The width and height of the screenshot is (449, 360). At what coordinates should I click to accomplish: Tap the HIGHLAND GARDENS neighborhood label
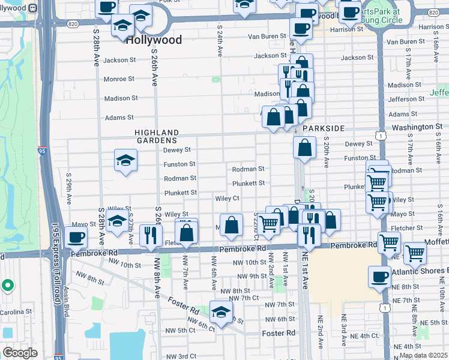click(157, 136)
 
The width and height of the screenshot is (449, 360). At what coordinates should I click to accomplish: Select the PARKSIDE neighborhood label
click(324, 128)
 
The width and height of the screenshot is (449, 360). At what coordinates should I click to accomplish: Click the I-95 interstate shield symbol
click(43, 150)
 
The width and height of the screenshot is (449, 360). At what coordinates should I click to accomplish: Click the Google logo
click(20, 353)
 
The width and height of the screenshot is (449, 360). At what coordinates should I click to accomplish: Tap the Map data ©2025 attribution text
click(423, 355)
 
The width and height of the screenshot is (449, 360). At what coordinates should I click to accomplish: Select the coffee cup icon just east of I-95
click(76, 238)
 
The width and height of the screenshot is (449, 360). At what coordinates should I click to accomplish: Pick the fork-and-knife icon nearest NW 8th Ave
click(150, 235)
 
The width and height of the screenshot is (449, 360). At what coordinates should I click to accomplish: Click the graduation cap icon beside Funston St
click(126, 160)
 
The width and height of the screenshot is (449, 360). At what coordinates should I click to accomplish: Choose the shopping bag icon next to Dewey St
click(305, 148)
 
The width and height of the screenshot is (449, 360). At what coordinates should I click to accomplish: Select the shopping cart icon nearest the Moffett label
click(415, 253)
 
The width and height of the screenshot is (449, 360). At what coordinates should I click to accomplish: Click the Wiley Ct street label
click(228, 198)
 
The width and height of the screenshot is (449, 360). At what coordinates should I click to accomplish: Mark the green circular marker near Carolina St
click(7, 285)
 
